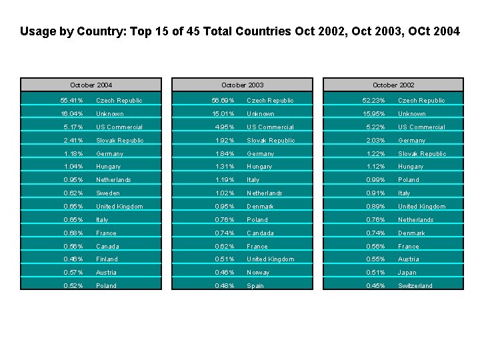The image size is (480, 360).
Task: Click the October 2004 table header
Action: click(x=91, y=85)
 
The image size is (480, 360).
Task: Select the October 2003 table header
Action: click(x=242, y=85)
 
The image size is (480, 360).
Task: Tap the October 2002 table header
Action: click(x=393, y=85)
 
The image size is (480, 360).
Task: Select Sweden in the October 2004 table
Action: click(x=108, y=193)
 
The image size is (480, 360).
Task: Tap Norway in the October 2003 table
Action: click(x=259, y=273)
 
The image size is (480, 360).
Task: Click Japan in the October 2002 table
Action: click(x=407, y=273)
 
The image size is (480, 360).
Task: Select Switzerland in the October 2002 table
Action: click(x=415, y=286)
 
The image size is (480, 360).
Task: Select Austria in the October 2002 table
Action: click(x=409, y=259)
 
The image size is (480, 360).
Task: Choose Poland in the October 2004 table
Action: click(x=107, y=286)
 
